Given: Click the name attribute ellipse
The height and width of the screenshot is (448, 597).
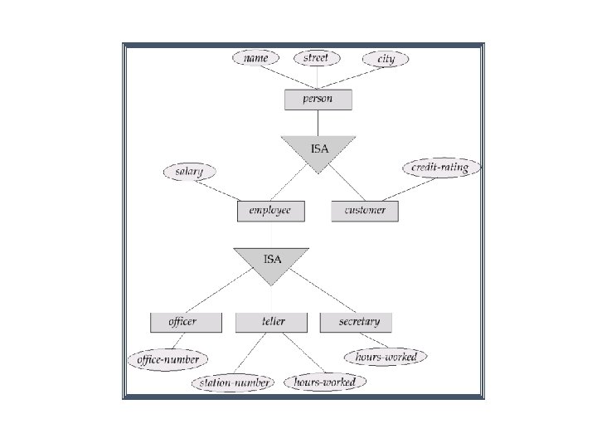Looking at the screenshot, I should (255, 59).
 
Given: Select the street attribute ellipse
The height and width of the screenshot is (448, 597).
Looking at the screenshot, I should (316, 58).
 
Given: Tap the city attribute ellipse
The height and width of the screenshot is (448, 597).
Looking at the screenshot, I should (386, 59).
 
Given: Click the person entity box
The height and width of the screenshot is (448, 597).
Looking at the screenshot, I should (318, 100).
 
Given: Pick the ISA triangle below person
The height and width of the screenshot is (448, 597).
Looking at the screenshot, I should (318, 151).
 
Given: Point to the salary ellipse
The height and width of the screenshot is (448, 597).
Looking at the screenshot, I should (189, 172).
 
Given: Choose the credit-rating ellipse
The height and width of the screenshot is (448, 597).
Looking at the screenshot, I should (439, 168).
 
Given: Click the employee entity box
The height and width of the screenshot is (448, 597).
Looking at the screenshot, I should (270, 211).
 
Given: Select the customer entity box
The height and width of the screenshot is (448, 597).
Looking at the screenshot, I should (364, 211).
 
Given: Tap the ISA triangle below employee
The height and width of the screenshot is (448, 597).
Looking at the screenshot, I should (271, 261).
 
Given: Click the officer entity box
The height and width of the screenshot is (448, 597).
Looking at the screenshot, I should (186, 322).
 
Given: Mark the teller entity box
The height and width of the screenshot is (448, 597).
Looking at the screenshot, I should (272, 322).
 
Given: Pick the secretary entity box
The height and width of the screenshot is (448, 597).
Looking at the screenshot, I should (356, 322).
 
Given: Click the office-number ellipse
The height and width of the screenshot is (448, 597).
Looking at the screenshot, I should (167, 359).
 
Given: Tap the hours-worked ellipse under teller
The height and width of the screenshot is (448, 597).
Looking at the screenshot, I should (324, 382).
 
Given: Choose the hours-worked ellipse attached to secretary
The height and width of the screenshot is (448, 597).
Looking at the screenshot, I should (386, 357).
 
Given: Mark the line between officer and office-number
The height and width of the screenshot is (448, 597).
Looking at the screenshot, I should (176, 341).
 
